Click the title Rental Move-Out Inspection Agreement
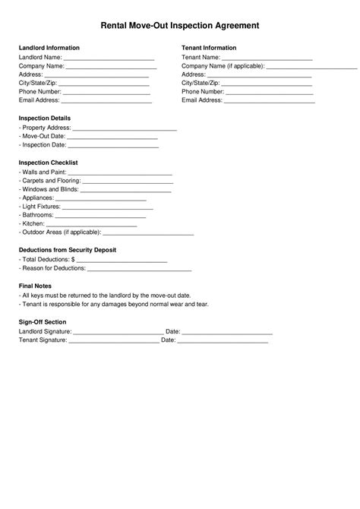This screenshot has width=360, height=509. [180, 26]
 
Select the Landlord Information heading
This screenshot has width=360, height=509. [49, 48]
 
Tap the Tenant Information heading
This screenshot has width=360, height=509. [210, 48]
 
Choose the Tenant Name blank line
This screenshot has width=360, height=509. [267, 58]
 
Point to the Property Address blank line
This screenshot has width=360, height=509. [125, 129]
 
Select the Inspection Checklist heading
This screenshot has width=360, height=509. [49, 163]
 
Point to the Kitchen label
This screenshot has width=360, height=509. [33, 224]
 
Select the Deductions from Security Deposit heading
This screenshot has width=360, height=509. [68, 250]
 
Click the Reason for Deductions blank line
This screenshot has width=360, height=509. [139, 270]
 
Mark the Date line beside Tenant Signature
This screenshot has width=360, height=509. [223, 341]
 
